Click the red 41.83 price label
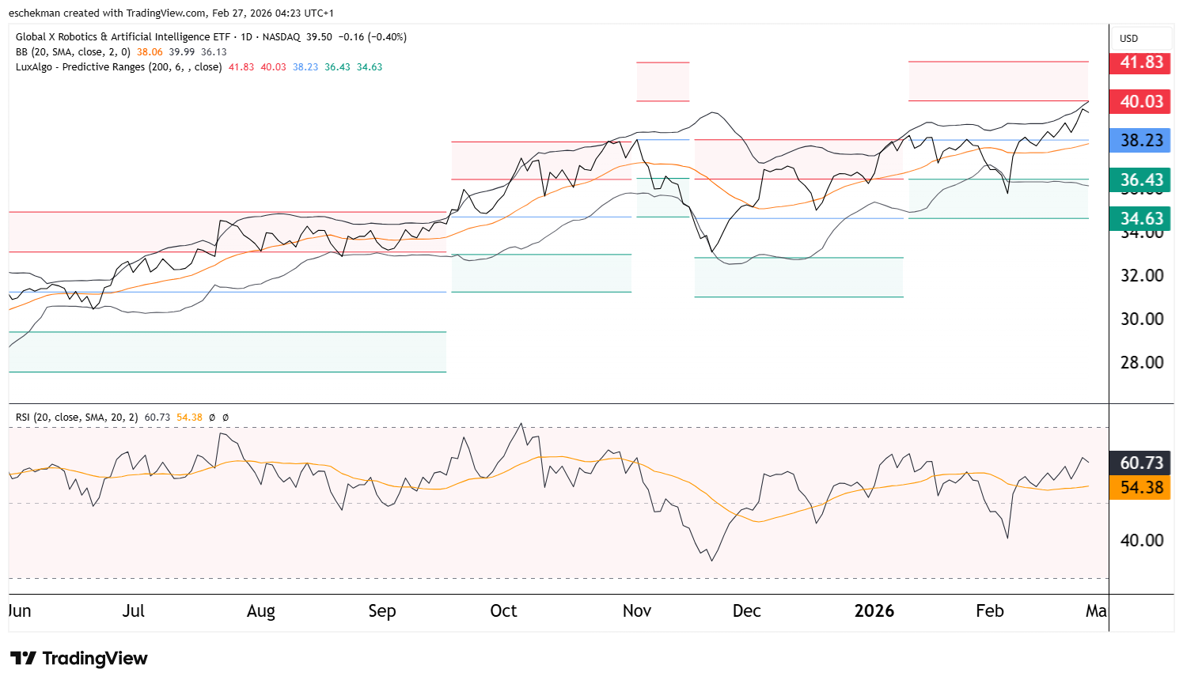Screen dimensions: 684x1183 coord(1140,62)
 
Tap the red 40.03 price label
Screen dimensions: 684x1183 coord(1140,101)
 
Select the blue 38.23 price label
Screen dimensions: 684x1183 coord(1140,141)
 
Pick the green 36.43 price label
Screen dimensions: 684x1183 coord(1140,180)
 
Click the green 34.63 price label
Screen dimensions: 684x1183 coord(1140,218)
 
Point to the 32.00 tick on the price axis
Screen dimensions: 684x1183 coord(1142,276)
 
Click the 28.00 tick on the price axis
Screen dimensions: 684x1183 coord(1142,363)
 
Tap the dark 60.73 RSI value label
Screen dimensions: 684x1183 coord(1141,463)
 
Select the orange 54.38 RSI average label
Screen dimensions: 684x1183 coord(1141,487)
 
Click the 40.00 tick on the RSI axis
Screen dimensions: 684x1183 coord(1142,541)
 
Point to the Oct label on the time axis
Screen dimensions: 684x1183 coord(503,611)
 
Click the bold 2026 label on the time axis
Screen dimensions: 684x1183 coord(874,611)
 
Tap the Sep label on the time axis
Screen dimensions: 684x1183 coord(382,611)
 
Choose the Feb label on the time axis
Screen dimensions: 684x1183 coord(989,611)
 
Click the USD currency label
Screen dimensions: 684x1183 coord(1128,39)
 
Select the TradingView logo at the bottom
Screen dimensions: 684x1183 coord(79,659)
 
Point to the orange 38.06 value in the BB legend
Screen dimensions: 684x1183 coord(150,52)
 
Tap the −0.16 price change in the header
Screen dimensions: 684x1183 coord(351,37)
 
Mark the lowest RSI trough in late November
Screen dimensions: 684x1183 coord(712,561)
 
